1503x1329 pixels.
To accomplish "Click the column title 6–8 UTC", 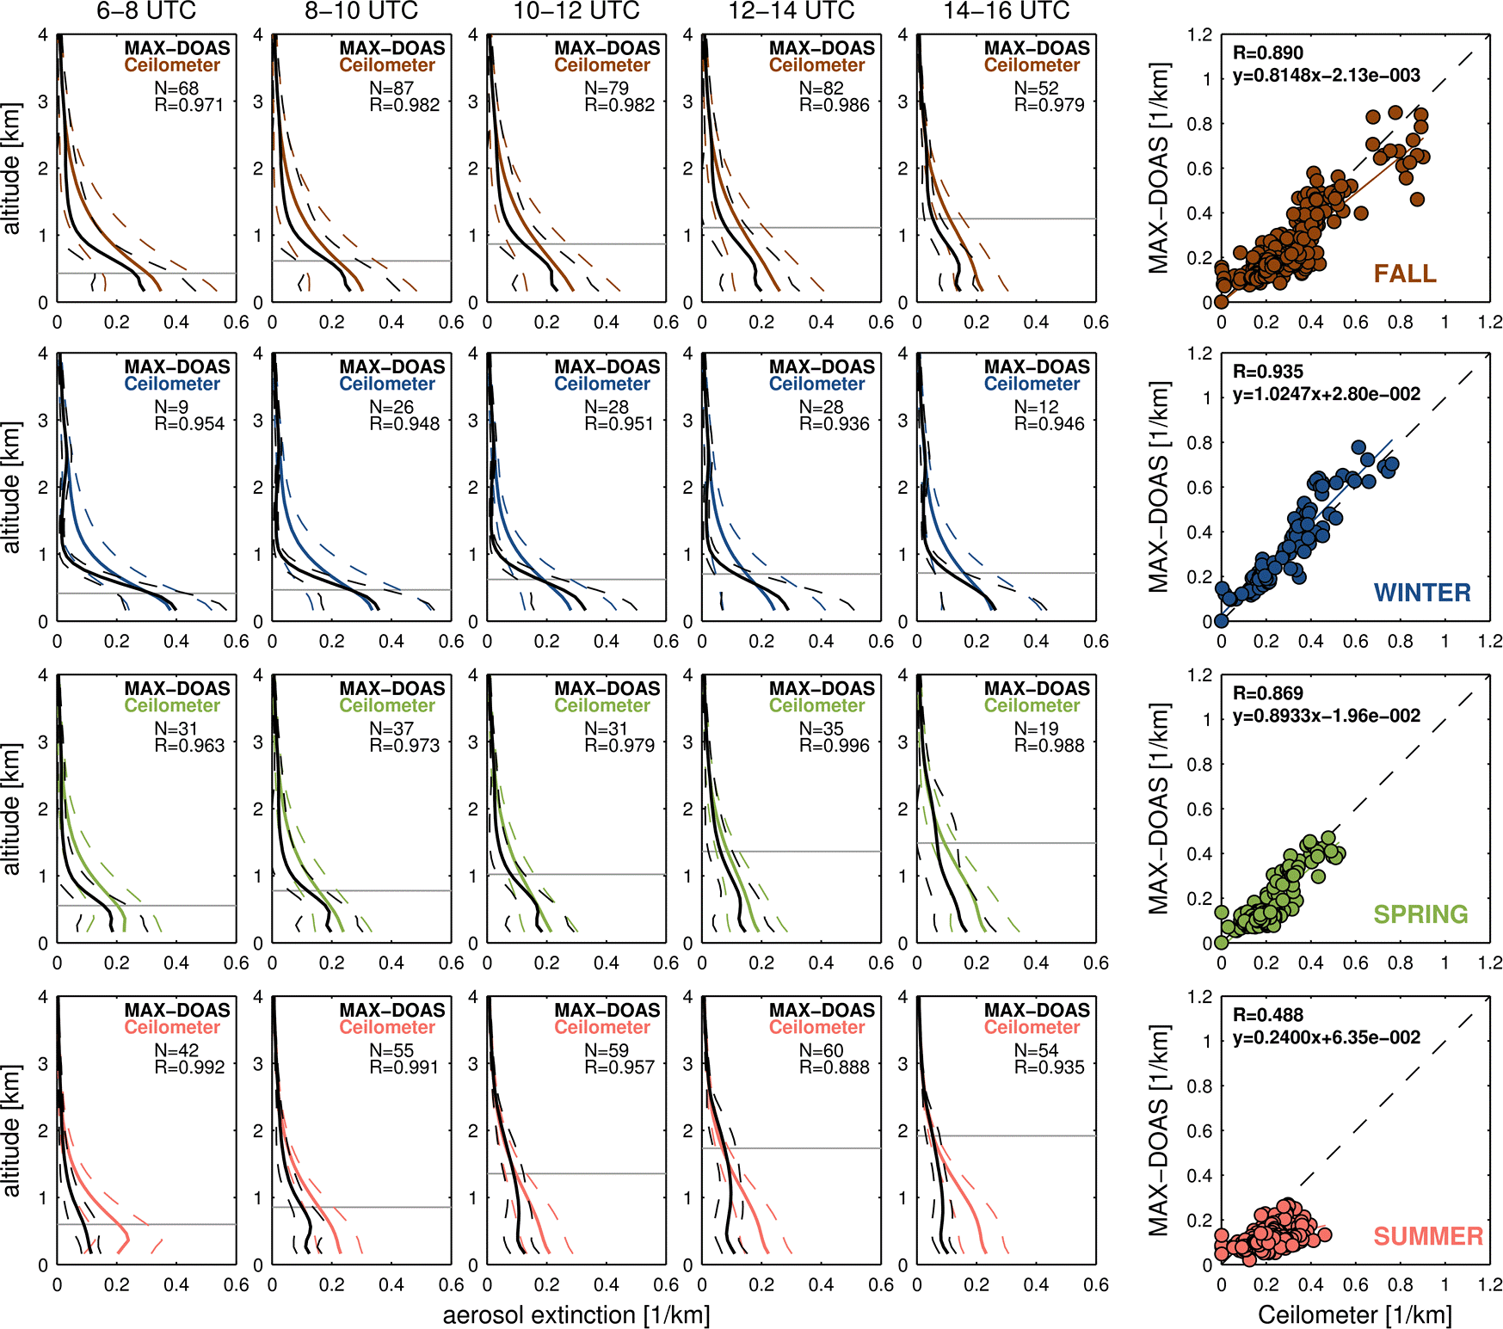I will (146, 11).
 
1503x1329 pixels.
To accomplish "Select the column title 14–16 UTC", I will (1006, 11).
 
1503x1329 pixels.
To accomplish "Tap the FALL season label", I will (1405, 274).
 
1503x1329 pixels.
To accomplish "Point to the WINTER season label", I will (1422, 593).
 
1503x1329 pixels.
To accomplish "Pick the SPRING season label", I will (1420, 914).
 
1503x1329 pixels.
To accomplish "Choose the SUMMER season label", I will (1428, 1236).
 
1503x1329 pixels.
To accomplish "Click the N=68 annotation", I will (176, 88).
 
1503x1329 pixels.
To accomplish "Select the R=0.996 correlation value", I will (834, 746).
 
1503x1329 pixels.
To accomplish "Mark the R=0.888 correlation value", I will (834, 1068).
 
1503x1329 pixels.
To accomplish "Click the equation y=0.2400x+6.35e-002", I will (1326, 1037).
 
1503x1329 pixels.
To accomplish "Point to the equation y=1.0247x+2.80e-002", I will (1326, 394).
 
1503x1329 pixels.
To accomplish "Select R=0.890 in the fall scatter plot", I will (1267, 52).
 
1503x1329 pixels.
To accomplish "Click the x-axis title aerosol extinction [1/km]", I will (576, 1315).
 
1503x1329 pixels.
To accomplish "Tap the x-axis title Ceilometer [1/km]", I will (1354, 1315).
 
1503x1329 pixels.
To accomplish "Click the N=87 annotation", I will (391, 88).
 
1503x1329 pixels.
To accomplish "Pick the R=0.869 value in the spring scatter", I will (1267, 693).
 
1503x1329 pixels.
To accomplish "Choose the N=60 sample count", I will (821, 1050).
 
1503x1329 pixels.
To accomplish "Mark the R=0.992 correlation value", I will (188, 1068).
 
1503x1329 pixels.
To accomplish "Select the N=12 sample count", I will (1036, 407).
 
